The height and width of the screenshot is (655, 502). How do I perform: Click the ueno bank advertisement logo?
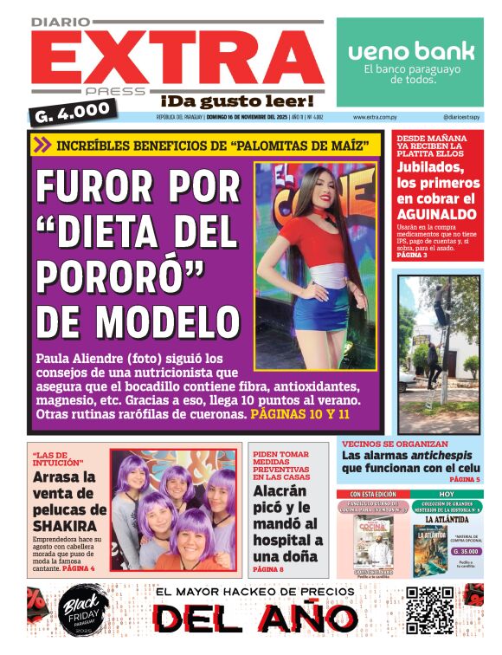pyautogui.click(x=411, y=51)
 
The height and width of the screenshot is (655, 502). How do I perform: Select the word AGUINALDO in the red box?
pyautogui.click(x=438, y=213)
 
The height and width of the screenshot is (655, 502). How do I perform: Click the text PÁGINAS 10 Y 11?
pyautogui.click(x=299, y=415)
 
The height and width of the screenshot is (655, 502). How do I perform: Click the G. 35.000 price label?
pyautogui.click(x=467, y=551)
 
